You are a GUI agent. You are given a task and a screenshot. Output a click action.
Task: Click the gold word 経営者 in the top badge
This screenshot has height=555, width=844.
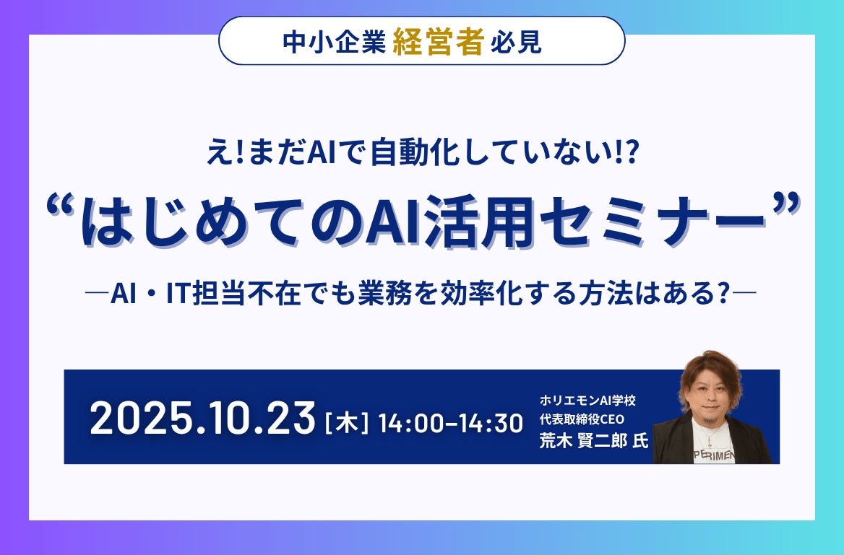pos(438,44)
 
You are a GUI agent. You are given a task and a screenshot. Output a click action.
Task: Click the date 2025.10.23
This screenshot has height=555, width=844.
pos(203,418)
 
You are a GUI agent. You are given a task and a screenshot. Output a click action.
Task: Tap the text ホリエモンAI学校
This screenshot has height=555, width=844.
pos(587,400)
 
